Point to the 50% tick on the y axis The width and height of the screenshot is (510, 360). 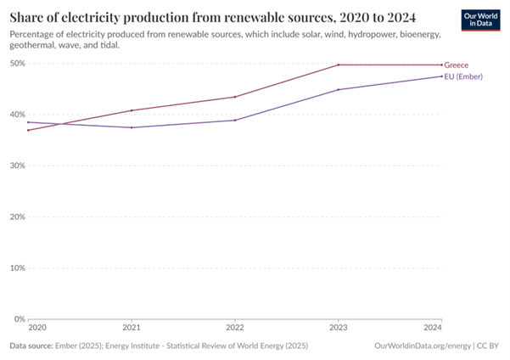pyautogui.click(x=17, y=64)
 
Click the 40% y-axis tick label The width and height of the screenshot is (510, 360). pyautogui.click(x=17, y=115)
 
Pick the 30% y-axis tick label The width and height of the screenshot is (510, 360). pyautogui.click(x=17, y=166)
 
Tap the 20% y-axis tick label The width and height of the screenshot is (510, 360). pyautogui.click(x=17, y=217)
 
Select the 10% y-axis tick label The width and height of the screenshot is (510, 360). pyautogui.click(x=17, y=267)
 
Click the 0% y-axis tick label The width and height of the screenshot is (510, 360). pyautogui.click(x=20, y=318)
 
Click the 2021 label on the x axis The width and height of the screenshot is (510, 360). pyautogui.click(x=132, y=328)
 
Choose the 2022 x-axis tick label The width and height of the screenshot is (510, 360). pyautogui.click(x=235, y=328)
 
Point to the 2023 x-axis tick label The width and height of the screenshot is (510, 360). pyautogui.click(x=339, y=328)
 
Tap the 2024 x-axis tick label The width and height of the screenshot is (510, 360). pyautogui.click(x=432, y=328)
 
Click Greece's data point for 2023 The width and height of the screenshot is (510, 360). pyautogui.click(x=339, y=65)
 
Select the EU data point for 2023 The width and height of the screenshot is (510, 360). pyautogui.click(x=339, y=89)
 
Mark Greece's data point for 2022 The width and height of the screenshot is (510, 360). pyautogui.click(x=235, y=97)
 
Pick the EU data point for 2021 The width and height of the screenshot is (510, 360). pyautogui.click(x=132, y=127)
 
